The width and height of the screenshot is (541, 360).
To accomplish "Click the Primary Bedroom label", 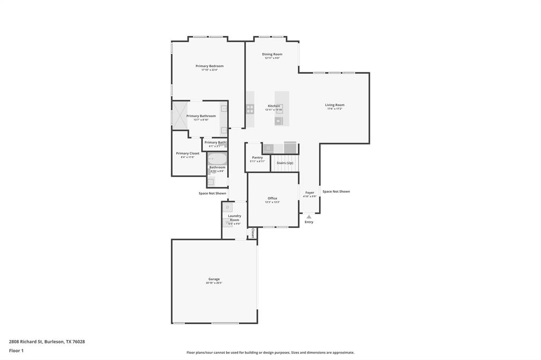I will (209, 66).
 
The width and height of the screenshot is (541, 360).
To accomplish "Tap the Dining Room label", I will (272, 54).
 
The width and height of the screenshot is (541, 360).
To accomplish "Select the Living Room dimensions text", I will (334, 109).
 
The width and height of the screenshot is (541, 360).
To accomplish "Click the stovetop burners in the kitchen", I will (250, 109).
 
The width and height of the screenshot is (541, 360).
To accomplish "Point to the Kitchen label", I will (274, 106).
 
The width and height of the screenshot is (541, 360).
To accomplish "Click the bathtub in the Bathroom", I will (217, 158).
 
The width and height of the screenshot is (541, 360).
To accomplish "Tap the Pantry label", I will (257, 157).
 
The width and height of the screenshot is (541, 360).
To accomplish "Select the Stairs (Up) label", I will (285, 163).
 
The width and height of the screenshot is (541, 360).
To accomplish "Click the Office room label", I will (272, 198).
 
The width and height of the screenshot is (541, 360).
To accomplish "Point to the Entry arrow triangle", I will (309, 216).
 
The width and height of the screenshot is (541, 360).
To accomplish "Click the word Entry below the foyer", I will (309, 222).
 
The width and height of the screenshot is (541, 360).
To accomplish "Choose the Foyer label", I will (310, 193).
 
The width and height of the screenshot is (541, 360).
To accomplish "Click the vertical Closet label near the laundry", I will (253, 233).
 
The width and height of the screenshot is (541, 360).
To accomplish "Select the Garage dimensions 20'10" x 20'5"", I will (214, 283).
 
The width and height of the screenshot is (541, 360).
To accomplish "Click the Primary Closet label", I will (188, 153).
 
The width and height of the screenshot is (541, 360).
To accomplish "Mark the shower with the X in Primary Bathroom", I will (180, 115).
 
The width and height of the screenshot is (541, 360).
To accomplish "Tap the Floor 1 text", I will (16, 350).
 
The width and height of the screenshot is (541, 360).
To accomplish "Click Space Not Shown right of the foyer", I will (336, 191).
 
